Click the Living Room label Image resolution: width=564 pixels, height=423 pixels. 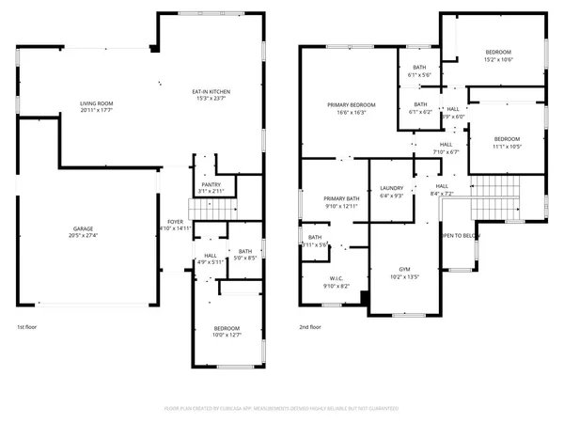pyautogui.click(x=96, y=102)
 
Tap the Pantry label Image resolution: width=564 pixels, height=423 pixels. pyautogui.click(x=211, y=184)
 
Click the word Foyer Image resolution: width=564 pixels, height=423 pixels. pyautogui.click(x=175, y=221)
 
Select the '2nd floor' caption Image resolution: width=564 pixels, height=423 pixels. pyautogui.click(x=310, y=327)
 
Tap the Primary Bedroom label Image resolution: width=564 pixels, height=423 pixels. pyautogui.click(x=351, y=104)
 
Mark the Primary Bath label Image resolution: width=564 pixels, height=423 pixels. pyautogui.click(x=341, y=198)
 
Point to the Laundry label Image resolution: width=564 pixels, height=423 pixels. pyautogui.click(x=391, y=189)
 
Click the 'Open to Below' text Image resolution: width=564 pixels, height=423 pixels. pyautogui.click(x=462, y=236)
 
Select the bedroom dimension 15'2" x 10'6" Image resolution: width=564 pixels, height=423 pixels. pyautogui.click(x=498, y=58)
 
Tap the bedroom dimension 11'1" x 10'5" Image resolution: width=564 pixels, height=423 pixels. pyautogui.click(x=508, y=146)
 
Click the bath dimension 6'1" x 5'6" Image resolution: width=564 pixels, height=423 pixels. pyautogui.click(x=420, y=74)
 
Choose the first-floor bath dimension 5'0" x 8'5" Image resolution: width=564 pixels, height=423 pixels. pyautogui.click(x=245, y=257)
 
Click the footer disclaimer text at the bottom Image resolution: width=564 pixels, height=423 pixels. pyautogui.click(x=282, y=409)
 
